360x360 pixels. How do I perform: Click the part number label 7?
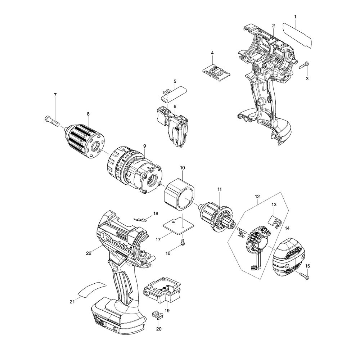(55, 95)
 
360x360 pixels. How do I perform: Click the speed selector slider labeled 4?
(216, 69)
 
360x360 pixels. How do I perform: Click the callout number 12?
(257, 197)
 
